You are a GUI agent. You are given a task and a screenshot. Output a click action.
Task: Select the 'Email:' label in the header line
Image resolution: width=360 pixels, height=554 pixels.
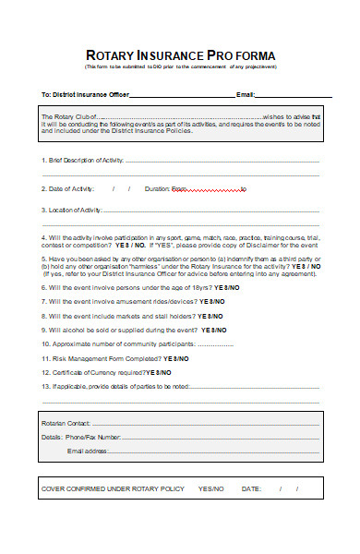click(246, 95)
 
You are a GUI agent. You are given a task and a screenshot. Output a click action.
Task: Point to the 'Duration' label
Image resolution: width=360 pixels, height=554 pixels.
click(156, 188)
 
